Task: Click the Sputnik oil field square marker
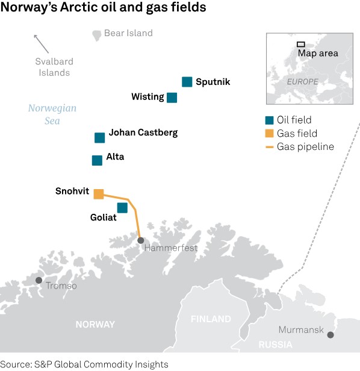pos(187,82)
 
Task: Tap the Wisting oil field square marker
pos(172,98)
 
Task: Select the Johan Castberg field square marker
pos(100,138)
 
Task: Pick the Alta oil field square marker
pos(97,160)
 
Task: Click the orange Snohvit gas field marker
pos(99,193)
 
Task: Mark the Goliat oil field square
pos(122,208)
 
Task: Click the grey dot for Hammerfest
pos(141,240)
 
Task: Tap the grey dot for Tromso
pos(39,281)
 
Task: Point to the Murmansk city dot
pos(330,335)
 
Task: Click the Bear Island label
pos(128,34)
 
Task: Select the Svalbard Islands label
pos(52,67)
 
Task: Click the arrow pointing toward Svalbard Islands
pos(40,43)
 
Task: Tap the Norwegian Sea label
pos(52,114)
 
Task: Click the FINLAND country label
pos(211,319)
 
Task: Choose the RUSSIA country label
pos(275,345)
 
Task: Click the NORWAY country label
pos(95,325)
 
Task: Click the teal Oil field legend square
pos(270,120)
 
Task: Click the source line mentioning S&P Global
pos(84,364)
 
